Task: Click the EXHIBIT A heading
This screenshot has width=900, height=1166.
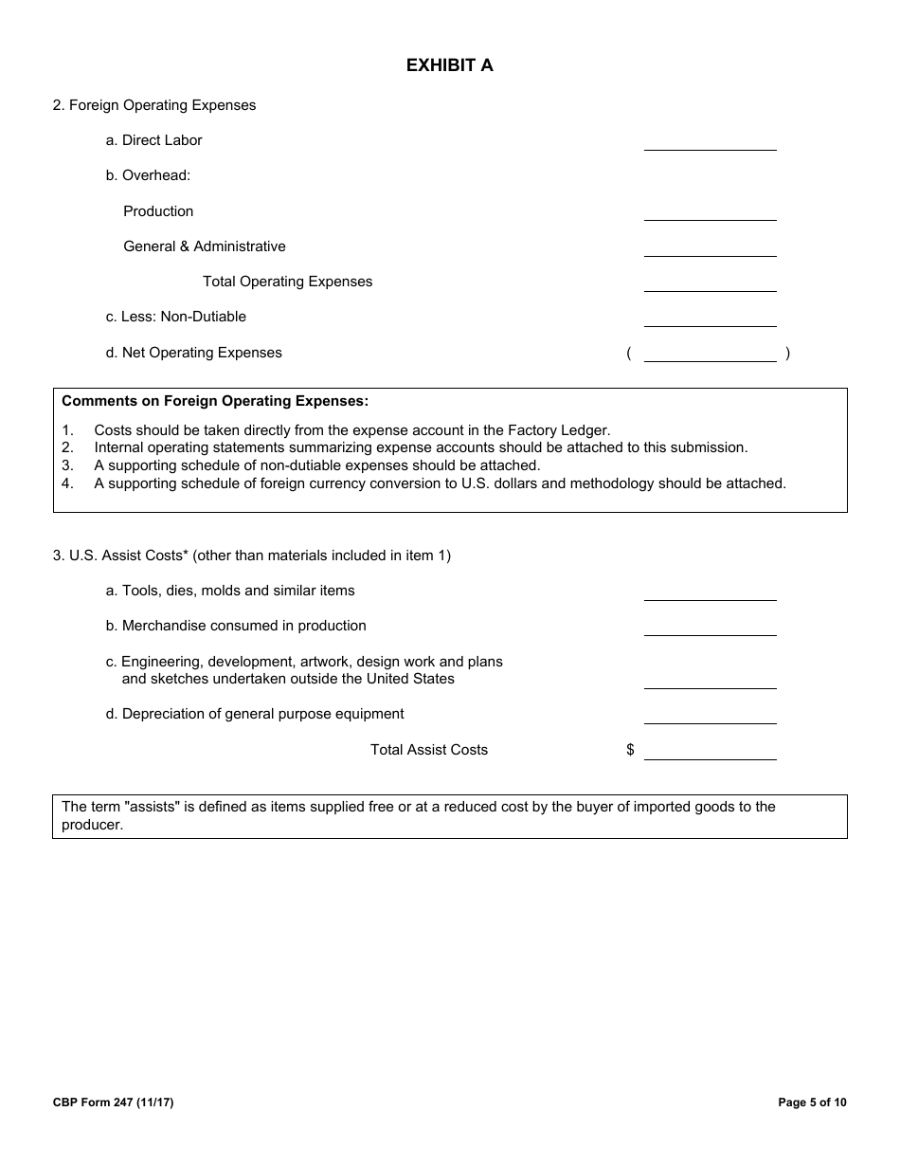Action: pyautogui.click(x=449, y=65)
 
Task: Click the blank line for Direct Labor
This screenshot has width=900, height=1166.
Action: pyautogui.click(x=710, y=143)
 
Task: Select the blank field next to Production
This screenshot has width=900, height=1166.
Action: pyautogui.click(x=710, y=213)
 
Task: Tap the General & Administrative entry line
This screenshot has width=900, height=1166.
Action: pyautogui.click(x=710, y=249)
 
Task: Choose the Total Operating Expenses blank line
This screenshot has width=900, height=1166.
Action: pyautogui.click(x=710, y=284)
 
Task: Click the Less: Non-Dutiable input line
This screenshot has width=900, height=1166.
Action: pyautogui.click(x=710, y=319)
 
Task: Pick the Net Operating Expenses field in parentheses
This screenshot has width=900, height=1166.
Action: pyautogui.click(x=710, y=355)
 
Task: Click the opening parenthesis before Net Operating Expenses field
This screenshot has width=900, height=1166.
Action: pyautogui.click(x=629, y=354)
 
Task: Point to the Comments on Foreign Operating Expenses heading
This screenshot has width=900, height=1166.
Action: pyautogui.click(x=215, y=401)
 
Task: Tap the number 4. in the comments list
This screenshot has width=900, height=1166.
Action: pyautogui.click(x=67, y=483)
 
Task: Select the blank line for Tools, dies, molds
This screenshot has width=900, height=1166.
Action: pyautogui.click(x=710, y=593)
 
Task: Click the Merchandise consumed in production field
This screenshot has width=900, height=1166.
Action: pyautogui.click(x=710, y=629)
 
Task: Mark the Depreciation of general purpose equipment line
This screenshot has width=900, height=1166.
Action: pyautogui.click(x=710, y=717)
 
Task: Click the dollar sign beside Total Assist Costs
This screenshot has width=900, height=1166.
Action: pyautogui.click(x=630, y=750)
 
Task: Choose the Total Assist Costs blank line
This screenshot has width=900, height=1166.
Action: pyautogui.click(x=710, y=753)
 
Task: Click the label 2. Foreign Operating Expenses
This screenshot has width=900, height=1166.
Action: pyautogui.click(x=154, y=105)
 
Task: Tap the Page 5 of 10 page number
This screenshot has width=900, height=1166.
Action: pyautogui.click(x=812, y=1102)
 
